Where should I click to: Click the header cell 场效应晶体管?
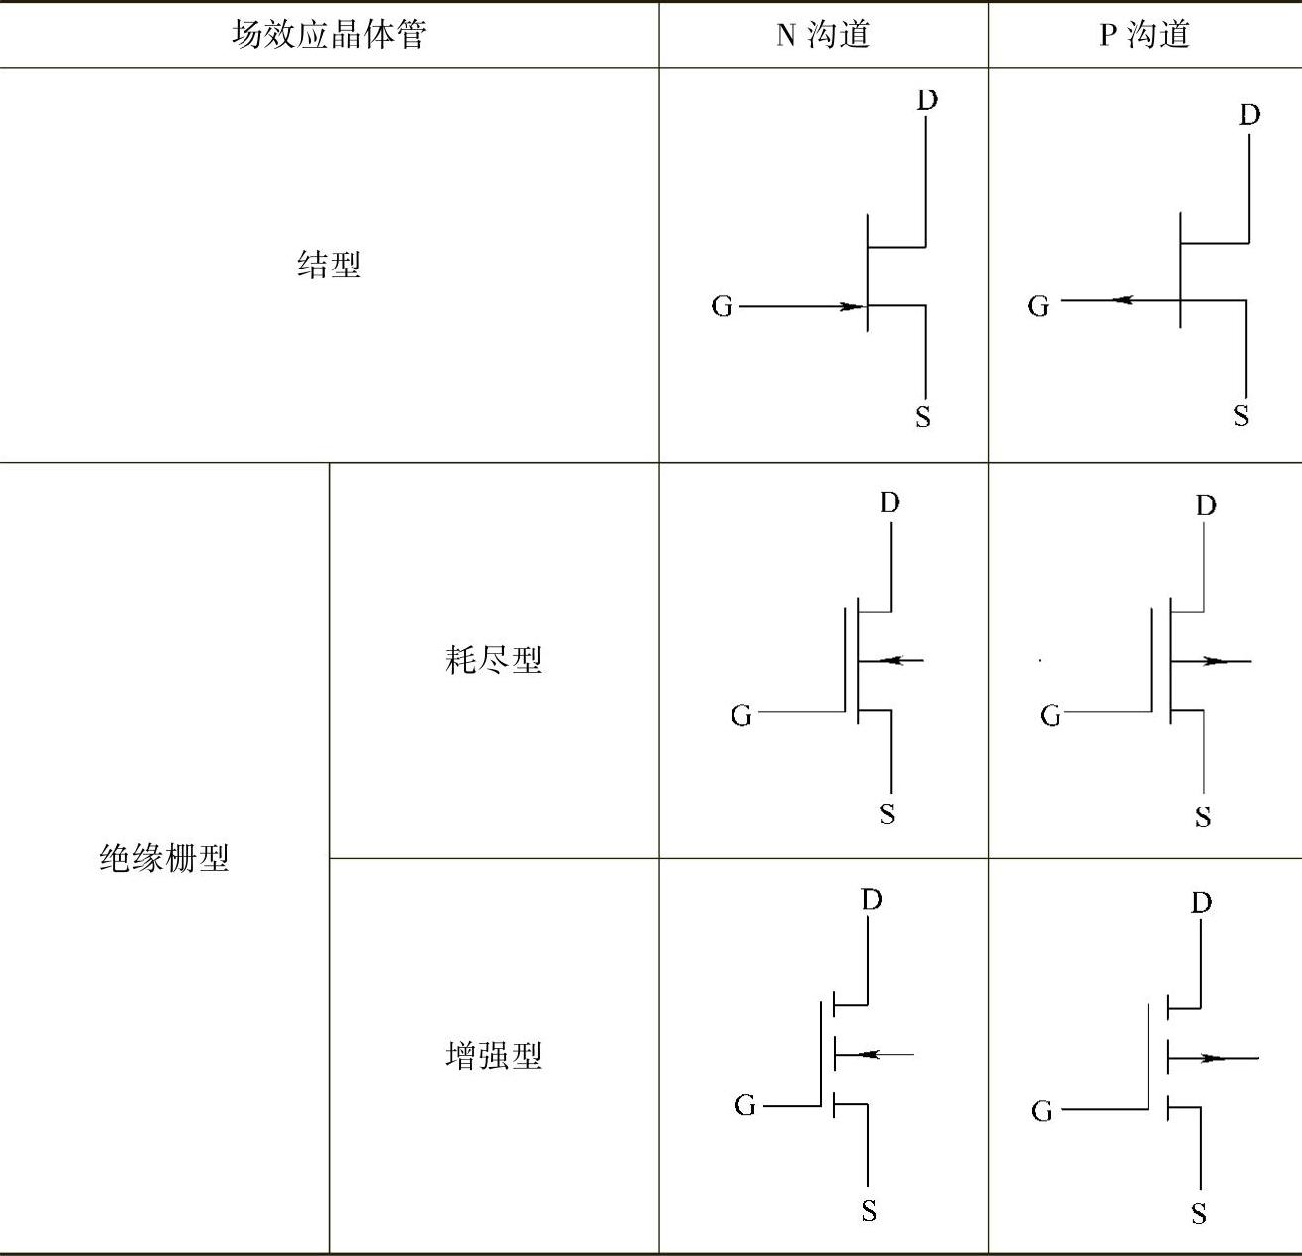[x=329, y=35]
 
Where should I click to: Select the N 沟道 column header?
[x=823, y=35]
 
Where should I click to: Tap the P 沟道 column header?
[x=1144, y=35]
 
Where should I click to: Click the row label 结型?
[x=329, y=265]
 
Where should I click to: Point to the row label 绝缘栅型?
[x=164, y=857]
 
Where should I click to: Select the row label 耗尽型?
[x=494, y=659]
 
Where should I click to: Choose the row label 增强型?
[x=494, y=1055]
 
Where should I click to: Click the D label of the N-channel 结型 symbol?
[x=926, y=100]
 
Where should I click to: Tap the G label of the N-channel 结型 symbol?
[x=722, y=306]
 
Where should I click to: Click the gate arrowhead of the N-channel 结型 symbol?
[x=852, y=306]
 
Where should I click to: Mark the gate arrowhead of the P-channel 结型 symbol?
[x=1123, y=299]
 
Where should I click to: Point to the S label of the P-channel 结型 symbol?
[x=1241, y=415]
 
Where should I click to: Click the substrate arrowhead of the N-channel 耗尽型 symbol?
[x=892, y=659]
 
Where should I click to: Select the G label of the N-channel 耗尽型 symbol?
[x=741, y=715]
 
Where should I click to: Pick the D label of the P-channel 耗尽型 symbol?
[x=1206, y=505]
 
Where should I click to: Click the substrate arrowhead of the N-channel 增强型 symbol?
[x=868, y=1054]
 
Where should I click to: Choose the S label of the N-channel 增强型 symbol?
[x=869, y=1210]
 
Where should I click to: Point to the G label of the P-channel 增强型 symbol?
[x=1041, y=1110]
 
